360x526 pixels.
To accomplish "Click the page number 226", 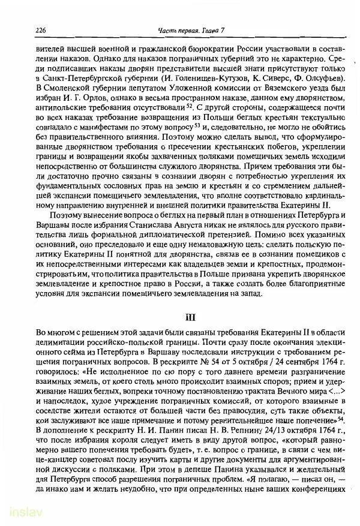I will pyautogui.click(x=25, y=30).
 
